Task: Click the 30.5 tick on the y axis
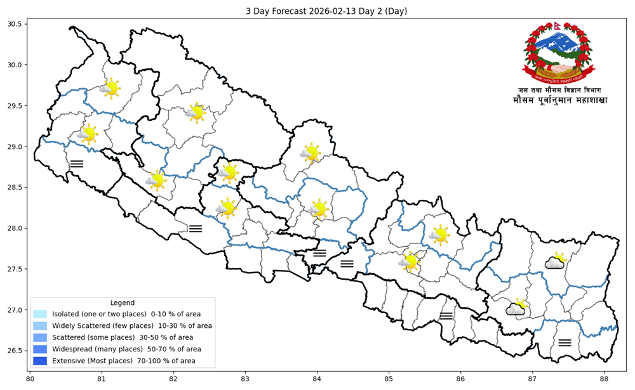click(14, 24)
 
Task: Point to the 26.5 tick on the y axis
click(14, 351)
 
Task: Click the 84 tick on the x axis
click(317, 379)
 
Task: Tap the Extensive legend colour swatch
click(40, 361)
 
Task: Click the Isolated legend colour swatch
click(40, 314)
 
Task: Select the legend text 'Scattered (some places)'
click(93, 337)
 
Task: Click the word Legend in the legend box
click(122, 303)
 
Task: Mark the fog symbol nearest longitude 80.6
click(77, 164)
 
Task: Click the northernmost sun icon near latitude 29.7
click(110, 88)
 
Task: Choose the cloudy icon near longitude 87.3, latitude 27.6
click(555, 261)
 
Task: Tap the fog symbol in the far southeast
click(565, 342)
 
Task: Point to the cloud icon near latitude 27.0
click(516, 308)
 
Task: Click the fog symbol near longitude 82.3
click(196, 228)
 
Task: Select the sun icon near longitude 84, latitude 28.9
click(310, 152)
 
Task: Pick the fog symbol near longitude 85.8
click(446, 315)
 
